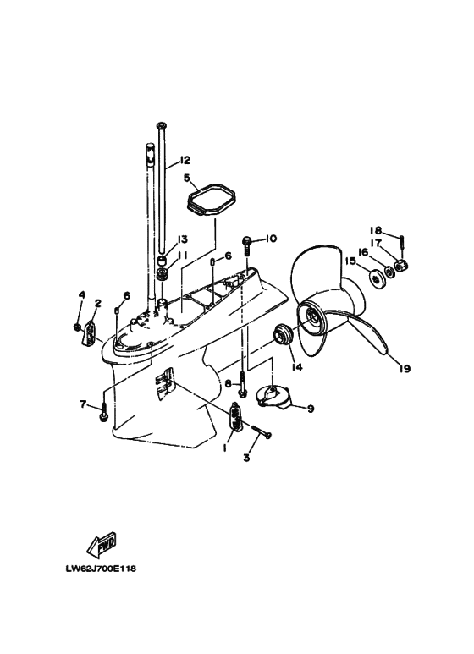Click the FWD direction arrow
click(102, 545)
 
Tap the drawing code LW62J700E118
click(101, 569)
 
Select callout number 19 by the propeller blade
click(405, 369)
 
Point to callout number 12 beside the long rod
click(185, 160)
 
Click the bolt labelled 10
click(246, 246)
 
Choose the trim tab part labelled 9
click(273, 398)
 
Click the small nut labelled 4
click(77, 327)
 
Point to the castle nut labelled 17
click(401, 265)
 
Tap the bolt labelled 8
click(242, 384)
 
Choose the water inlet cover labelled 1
click(236, 417)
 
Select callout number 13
click(182, 239)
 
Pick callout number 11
click(182, 255)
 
